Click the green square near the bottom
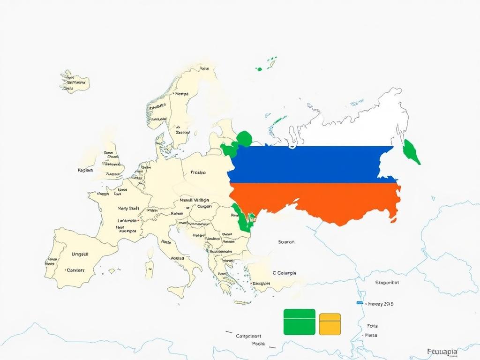(x=299, y=322)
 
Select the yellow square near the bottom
(x=330, y=324)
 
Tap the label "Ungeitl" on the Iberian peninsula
(x=80, y=254)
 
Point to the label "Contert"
(x=75, y=270)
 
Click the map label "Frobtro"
(x=198, y=172)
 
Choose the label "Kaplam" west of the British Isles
(x=85, y=170)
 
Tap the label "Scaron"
(x=286, y=242)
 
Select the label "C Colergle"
(x=284, y=273)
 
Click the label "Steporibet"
(x=387, y=283)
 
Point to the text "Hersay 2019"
(x=381, y=304)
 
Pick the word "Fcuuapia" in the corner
(x=442, y=351)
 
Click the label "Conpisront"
(x=248, y=336)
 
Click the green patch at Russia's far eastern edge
(x=412, y=152)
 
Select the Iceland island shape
(x=74, y=82)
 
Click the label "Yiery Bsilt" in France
(x=129, y=208)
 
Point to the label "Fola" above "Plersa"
(x=372, y=325)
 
